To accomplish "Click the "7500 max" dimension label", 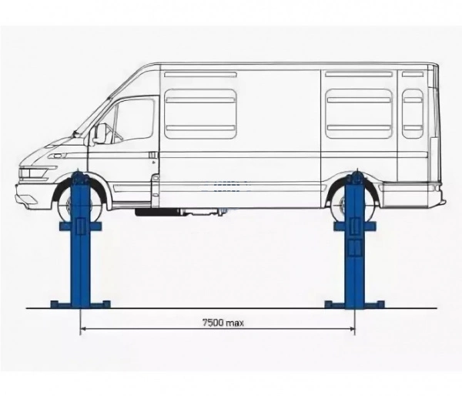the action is click(x=223, y=323).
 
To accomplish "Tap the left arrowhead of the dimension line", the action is click(x=83, y=328).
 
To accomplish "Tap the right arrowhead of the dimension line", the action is click(x=352, y=328).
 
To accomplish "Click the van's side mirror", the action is click(x=99, y=134).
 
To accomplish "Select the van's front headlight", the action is click(x=34, y=173).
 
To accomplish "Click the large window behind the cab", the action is click(x=200, y=114).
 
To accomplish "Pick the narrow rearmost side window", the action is click(x=413, y=114).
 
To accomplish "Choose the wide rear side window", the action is click(x=359, y=114).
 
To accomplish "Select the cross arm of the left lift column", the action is click(x=80, y=227).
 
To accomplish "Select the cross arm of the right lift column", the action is click(x=355, y=227).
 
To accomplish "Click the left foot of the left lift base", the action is click(x=60, y=304).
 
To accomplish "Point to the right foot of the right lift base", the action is click(x=374, y=304).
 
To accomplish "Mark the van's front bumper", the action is click(x=32, y=195).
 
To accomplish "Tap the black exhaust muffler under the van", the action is click(x=156, y=213).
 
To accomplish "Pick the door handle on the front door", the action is click(x=153, y=155).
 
